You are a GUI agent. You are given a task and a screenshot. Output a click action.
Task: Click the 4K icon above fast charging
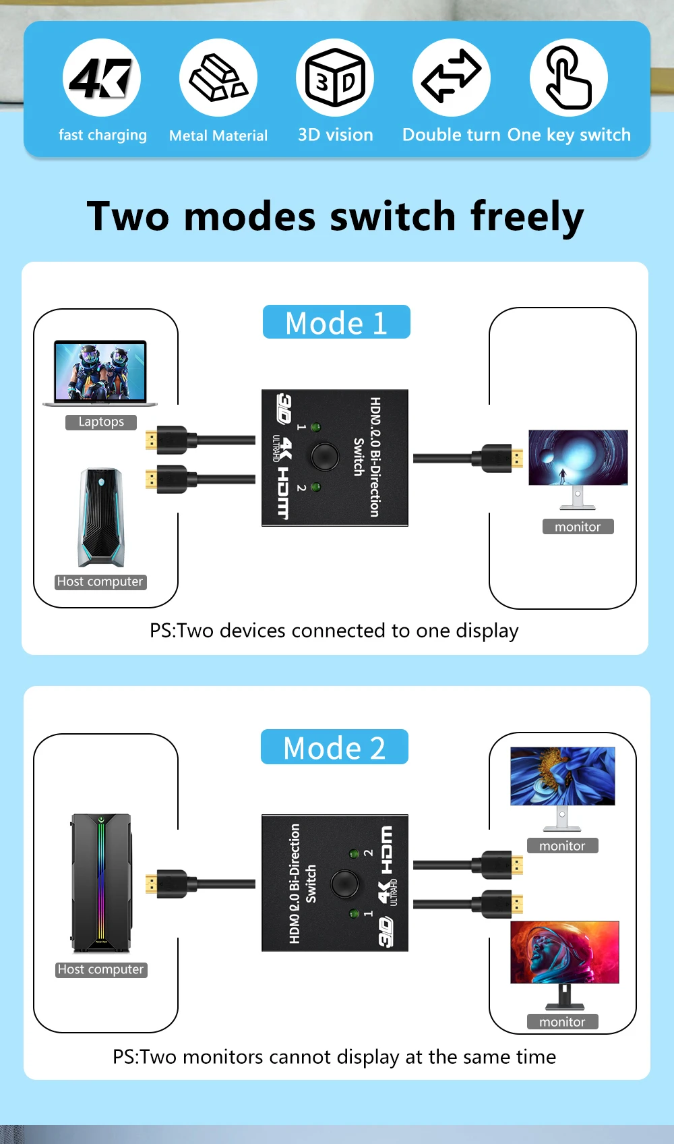pyautogui.click(x=101, y=78)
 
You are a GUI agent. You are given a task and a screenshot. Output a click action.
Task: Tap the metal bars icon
pyautogui.click(x=218, y=78)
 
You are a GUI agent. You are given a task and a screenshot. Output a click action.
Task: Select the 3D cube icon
pyautogui.click(x=335, y=78)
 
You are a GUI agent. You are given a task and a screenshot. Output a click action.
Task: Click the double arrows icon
pyautogui.click(x=451, y=78)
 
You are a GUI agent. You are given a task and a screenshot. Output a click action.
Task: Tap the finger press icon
pyautogui.click(x=568, y=78)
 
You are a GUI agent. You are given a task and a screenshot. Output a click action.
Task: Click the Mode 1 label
pyautogui.click(x=336, y=322)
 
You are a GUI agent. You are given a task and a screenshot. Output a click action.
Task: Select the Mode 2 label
pyautogui.click(x=334, y=747)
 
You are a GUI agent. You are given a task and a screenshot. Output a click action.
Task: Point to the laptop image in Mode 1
pyautogui.click(x=100, y=373)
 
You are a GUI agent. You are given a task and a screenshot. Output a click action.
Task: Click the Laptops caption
pyautogui.click(x=101, y=422)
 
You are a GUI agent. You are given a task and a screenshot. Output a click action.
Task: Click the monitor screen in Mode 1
pyautogui.click(x=578, y=457)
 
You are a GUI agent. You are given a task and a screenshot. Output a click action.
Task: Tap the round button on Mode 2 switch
pyautogui.click(x=345, y=882)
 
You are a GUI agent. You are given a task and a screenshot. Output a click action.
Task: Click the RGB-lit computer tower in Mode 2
pyautogui.click(x=101, y=882)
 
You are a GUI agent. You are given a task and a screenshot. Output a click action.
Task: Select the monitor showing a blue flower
pyautogui.click(x=562, y=776)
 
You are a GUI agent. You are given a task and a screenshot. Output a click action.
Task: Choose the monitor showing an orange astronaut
pyautogui.click(x=564, y=952)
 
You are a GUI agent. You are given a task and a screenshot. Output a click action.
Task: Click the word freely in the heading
pyautogui.click(x=526, y=217)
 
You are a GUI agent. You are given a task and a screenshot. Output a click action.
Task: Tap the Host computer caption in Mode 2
pyautogui.click(x=101, y=970)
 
